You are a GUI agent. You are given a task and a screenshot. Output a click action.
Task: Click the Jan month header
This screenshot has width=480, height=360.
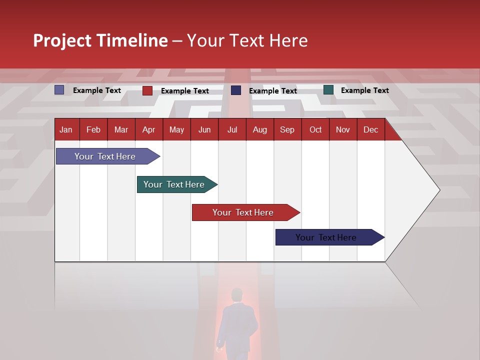tap(66, 129)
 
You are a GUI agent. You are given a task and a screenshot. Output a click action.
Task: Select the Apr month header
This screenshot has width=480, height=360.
tap(148, 129)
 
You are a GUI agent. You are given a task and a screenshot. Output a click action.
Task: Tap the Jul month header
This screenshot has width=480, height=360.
tap(232, 129)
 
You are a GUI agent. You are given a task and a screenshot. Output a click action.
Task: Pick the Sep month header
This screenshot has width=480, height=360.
tap(287, 129)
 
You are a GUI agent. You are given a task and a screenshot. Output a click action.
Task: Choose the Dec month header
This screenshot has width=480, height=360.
tap(370, 129)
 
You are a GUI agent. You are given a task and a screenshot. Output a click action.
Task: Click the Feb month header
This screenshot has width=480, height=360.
tap(93, 129)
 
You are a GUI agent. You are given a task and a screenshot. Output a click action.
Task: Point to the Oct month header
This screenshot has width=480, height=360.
tap(315, 129)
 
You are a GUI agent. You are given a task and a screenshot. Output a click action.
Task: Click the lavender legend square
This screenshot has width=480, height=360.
tap(59, 90)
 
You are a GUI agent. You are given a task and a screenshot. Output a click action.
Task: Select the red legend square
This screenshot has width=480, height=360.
tap(147, 90)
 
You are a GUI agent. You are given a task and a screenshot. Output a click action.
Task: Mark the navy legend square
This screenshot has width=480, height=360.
tap(236, 90)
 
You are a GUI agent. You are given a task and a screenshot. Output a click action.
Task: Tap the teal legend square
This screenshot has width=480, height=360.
tap(328, 90)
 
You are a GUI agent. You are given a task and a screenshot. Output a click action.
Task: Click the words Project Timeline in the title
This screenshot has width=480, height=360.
tap(100, 40)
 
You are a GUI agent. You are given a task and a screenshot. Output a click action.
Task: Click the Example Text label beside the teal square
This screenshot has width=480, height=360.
tap(364, 90)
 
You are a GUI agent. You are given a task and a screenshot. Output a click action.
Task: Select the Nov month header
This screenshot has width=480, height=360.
tap(343, 129)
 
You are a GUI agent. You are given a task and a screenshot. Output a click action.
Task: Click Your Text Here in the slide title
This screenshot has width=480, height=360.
tap(247, 40)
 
